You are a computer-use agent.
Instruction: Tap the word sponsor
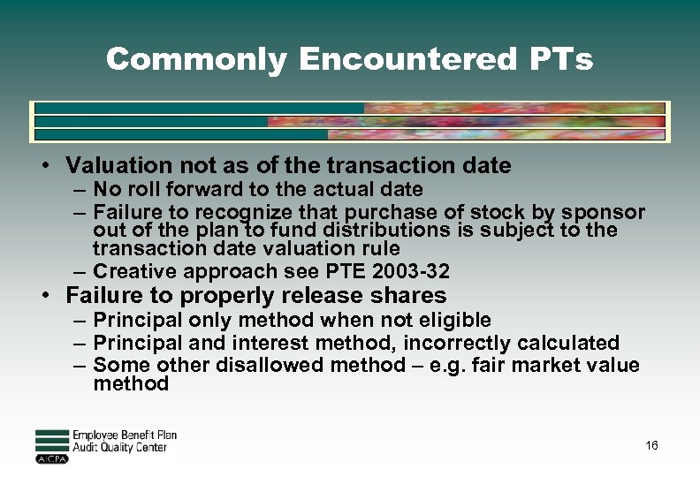(x=604, y=212)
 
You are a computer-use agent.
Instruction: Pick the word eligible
(x=451, y=320)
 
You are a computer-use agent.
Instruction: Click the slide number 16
(x=651, y=446)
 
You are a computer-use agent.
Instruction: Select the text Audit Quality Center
(x=119, y=448)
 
